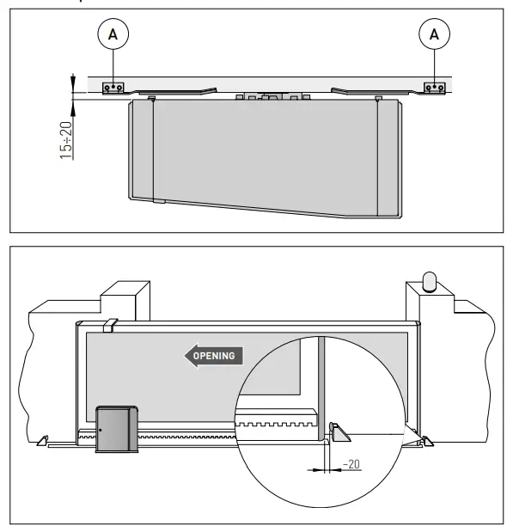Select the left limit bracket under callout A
click(113, 88)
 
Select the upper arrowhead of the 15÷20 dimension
click(73, 80)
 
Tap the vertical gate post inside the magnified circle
click(322, 387)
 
